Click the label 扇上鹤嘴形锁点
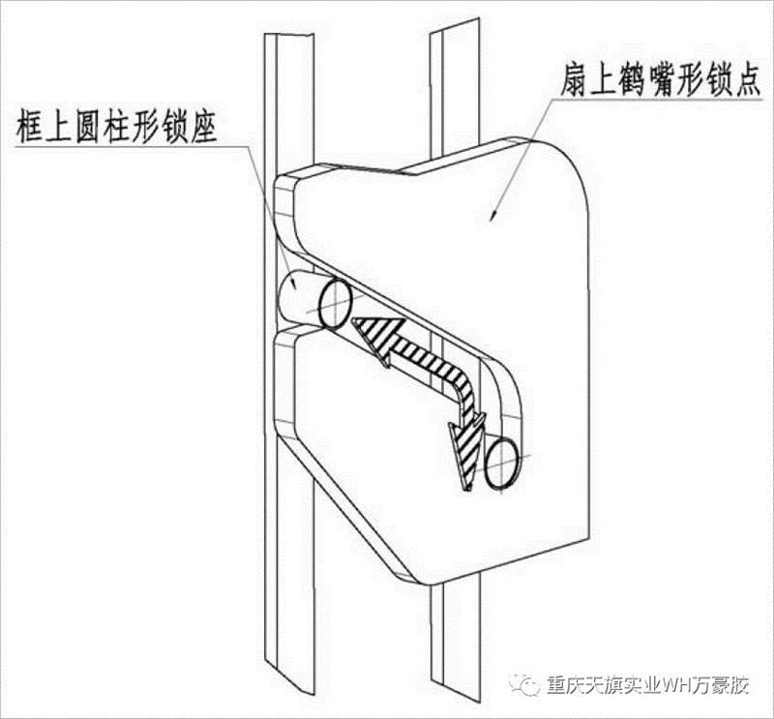(661, 80)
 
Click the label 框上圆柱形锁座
(116, 126)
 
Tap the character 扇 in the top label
(574, 80)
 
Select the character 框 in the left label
(30, 127)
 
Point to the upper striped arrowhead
(375, 339)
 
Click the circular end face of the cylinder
(336, 303)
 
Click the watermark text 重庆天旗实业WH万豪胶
(647, 685)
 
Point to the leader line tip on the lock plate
(493, 215)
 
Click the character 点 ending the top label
(747, 80)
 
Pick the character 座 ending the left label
(203, 127)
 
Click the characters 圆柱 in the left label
(103, 127)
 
